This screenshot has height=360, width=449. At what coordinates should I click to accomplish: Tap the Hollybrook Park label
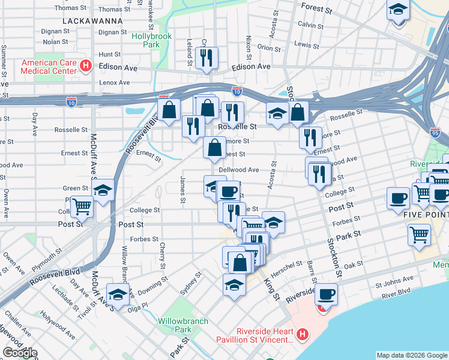click(151, 41)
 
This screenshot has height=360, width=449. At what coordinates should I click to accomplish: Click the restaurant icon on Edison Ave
click(206, 58)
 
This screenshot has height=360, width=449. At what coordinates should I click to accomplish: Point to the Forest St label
click(317, 10)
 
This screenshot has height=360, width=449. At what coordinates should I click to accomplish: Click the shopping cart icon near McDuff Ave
click(82, 207)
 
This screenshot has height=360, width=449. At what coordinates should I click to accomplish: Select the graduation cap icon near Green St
click(103, 191)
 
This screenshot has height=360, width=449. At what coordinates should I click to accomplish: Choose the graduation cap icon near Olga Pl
click(118, 295)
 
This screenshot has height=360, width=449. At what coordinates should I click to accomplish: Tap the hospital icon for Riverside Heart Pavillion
click(303, 334)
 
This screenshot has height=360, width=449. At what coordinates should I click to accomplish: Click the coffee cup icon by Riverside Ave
click(326, 294)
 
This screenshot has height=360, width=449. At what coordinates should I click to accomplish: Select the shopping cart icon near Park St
click(419, 234)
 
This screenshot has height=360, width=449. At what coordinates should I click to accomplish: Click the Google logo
click(19, 353)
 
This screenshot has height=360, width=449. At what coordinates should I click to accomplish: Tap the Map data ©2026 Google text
click(412, 355)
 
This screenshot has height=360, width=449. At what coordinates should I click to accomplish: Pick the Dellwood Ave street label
click(238, 170)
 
